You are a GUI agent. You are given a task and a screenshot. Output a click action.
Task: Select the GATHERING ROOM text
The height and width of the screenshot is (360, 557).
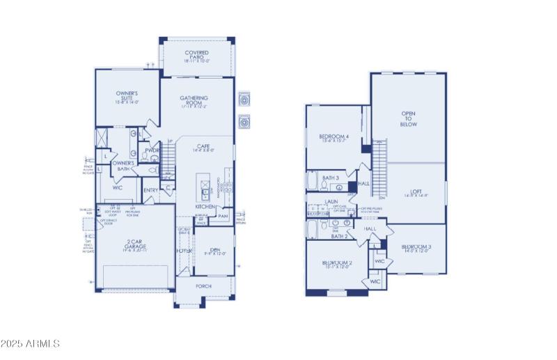click(x=194, y=102)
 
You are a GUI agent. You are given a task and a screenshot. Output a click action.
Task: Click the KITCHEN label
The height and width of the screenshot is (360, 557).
click(x=205, y=207)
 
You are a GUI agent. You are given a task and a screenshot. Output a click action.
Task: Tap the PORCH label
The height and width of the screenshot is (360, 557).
click(x=204, y=286)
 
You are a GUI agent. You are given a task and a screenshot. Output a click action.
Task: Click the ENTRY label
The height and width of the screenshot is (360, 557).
click(x=151, y=190)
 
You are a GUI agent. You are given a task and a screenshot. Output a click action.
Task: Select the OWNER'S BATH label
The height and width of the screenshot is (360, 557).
click(x=123, y=166)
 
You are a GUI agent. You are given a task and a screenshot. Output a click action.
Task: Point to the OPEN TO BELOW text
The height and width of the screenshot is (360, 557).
click(x=409, y=118)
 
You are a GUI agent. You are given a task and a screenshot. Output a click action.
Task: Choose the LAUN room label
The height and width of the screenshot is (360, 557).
click(x=331, y=201)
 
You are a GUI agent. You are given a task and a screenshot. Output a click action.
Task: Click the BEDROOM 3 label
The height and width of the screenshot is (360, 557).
click(x=416, y=249)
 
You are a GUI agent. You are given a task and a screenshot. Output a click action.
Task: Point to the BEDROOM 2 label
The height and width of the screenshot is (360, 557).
click(x=338, y=265)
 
